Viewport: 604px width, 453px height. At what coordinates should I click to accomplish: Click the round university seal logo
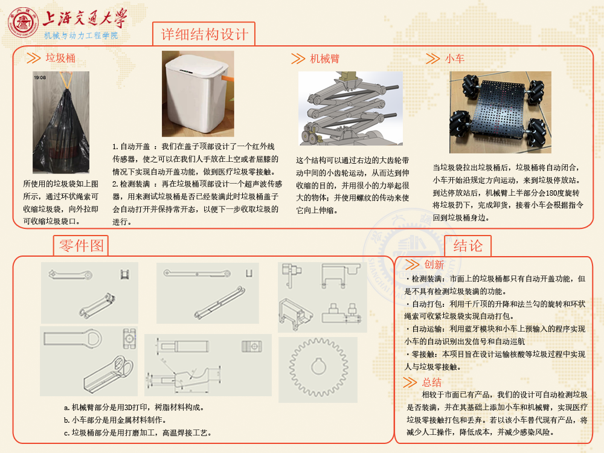(23, 22)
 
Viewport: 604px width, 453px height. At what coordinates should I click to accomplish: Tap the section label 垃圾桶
(60, 58)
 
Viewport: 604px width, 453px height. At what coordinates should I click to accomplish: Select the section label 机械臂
(325, 59)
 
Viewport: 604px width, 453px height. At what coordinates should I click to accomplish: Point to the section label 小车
(455, 59)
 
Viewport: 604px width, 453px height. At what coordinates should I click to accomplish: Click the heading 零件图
(82, 245)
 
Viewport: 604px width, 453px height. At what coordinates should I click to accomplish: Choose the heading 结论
(467, 246)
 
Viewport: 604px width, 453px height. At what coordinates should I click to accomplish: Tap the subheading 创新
(434, 265)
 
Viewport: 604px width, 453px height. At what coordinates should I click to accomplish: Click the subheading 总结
(431, 382)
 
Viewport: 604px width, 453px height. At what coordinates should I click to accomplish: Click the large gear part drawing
(318, 367)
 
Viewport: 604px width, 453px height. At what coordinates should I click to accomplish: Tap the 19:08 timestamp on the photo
(40, 77)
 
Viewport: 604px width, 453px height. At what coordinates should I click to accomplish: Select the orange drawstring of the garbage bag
(66, 80)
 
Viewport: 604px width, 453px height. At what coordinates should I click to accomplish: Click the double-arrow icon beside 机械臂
(298, 59)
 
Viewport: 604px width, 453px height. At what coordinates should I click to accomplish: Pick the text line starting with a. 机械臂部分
(133, 407)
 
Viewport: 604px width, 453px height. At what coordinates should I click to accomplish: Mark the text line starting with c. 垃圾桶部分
(138, 432)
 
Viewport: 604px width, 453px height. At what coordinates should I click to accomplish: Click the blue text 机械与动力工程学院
(81, 36)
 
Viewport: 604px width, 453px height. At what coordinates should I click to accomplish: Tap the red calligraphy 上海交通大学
(85, 18)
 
